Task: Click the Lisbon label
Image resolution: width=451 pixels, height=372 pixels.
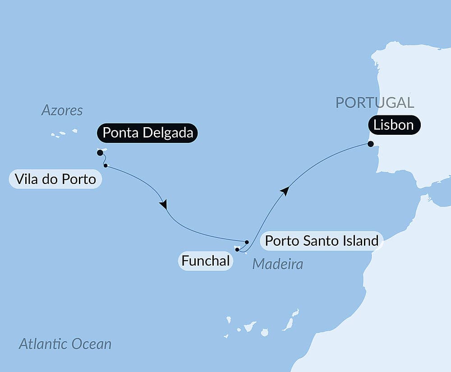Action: [x=394, y=125]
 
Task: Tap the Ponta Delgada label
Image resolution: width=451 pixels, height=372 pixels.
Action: [x=147, y=133]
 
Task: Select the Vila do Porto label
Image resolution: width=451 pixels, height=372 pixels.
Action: [x=55, y=179]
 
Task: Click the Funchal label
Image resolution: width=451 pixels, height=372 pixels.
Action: [x=206, y=261]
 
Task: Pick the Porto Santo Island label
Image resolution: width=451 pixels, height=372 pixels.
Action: [x=322, y=241]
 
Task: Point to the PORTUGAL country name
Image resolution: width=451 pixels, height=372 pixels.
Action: [x=374, y=102]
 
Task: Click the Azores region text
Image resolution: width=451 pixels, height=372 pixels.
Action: [x=62, y=110]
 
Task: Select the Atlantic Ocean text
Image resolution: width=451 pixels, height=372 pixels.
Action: [x=65, y=344]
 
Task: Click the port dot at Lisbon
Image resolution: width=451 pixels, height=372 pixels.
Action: [x=371, y=144]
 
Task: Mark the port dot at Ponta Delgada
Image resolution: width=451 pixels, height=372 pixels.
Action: [x=100, y=153]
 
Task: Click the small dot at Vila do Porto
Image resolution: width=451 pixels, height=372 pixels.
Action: [x=106, y=165]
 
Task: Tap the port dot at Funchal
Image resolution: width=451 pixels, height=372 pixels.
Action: [x=237, y=249]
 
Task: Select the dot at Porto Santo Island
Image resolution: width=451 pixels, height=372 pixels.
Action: [x=247, y=242]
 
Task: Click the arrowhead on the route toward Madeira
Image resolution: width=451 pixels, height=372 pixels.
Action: [x=163, y=204]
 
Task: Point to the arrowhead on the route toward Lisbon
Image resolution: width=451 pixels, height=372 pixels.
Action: [x=284, y=191]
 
